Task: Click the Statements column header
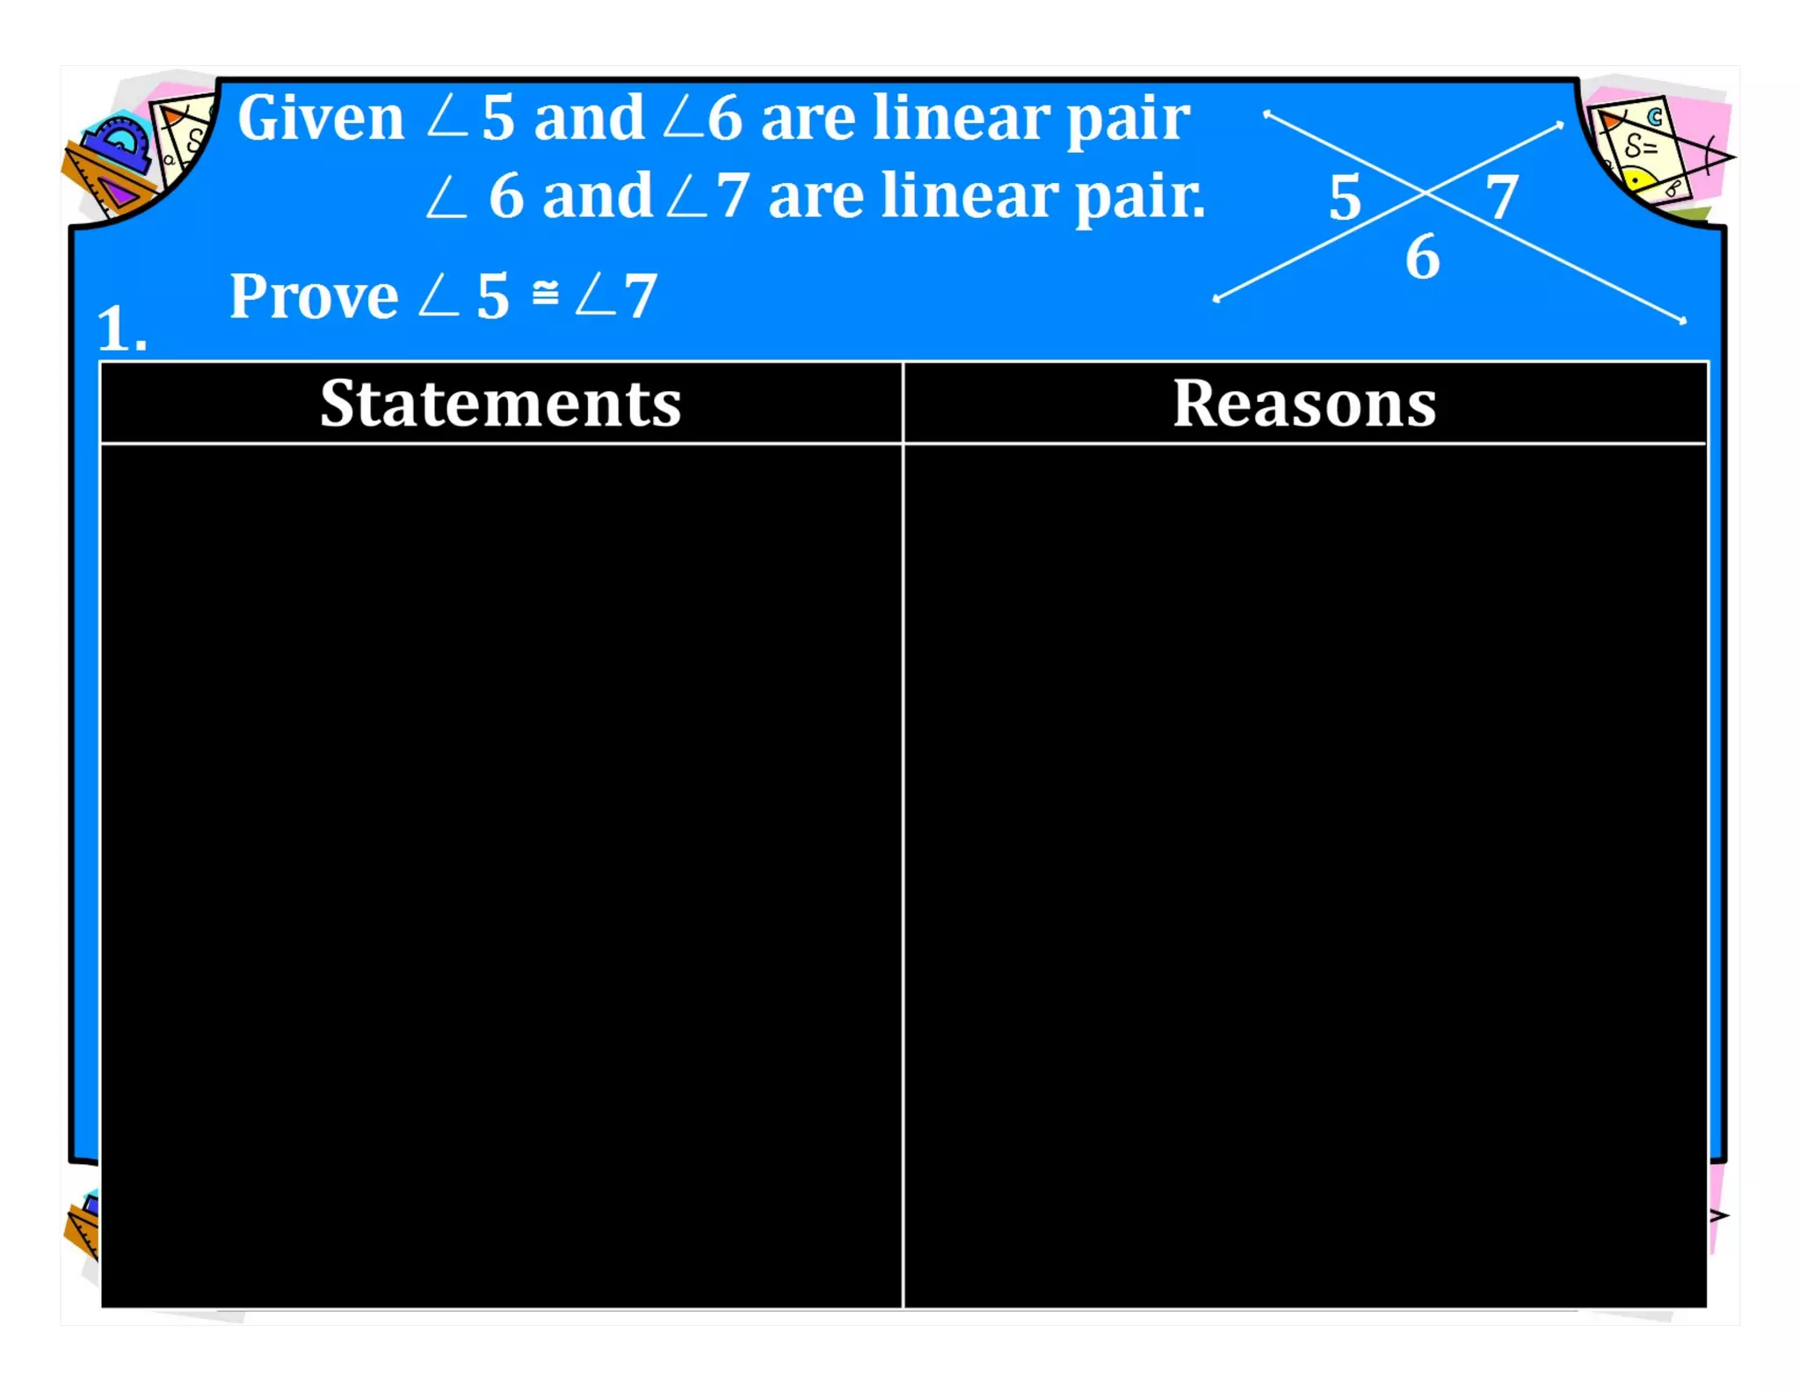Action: [x=500, y=404]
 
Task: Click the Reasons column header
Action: [x=1304, y=404]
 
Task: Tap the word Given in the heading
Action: [x=321, y=118]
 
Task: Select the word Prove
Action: [x=314, y=296]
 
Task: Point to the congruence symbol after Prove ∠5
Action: [x=545, y=292]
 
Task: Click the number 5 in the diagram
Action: [x=1345, y=198]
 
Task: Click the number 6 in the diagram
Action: [x=1422, y=258]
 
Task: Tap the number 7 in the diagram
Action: [x=1502, y=198]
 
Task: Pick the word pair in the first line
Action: [x=1129, y=120]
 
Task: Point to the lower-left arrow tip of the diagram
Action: [x=1217, y=299]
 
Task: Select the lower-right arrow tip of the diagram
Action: [x=1682, y=321]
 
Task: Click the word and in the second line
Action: [x=597, y=197]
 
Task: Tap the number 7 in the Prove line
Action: [x=640, y=296]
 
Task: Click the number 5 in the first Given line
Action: [x=497, y=118]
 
